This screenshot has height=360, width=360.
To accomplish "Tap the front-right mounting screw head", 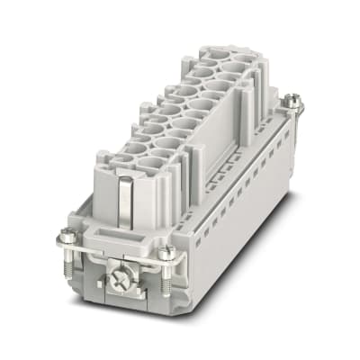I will [168, 254].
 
